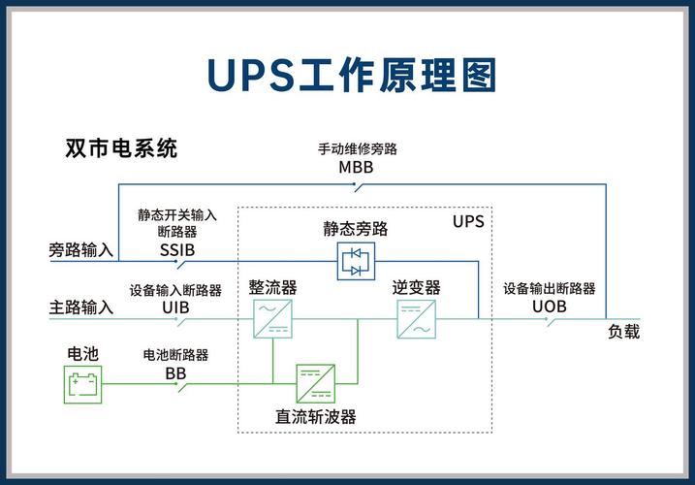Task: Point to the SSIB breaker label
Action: coord(177,249)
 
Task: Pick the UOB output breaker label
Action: coord(549,307)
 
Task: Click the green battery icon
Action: coord(81,386)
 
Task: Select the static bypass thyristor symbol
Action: coord(356,260)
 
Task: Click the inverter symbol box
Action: coord(416,318)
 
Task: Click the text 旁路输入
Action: coord(81,250)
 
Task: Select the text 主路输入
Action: coord(81,307)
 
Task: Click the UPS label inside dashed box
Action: coord(467,221)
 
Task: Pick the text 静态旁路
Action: coord(356,229)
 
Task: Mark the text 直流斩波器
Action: coord(316,416)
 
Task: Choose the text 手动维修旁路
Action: coord(357,149)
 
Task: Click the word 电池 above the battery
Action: coord(82,354)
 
